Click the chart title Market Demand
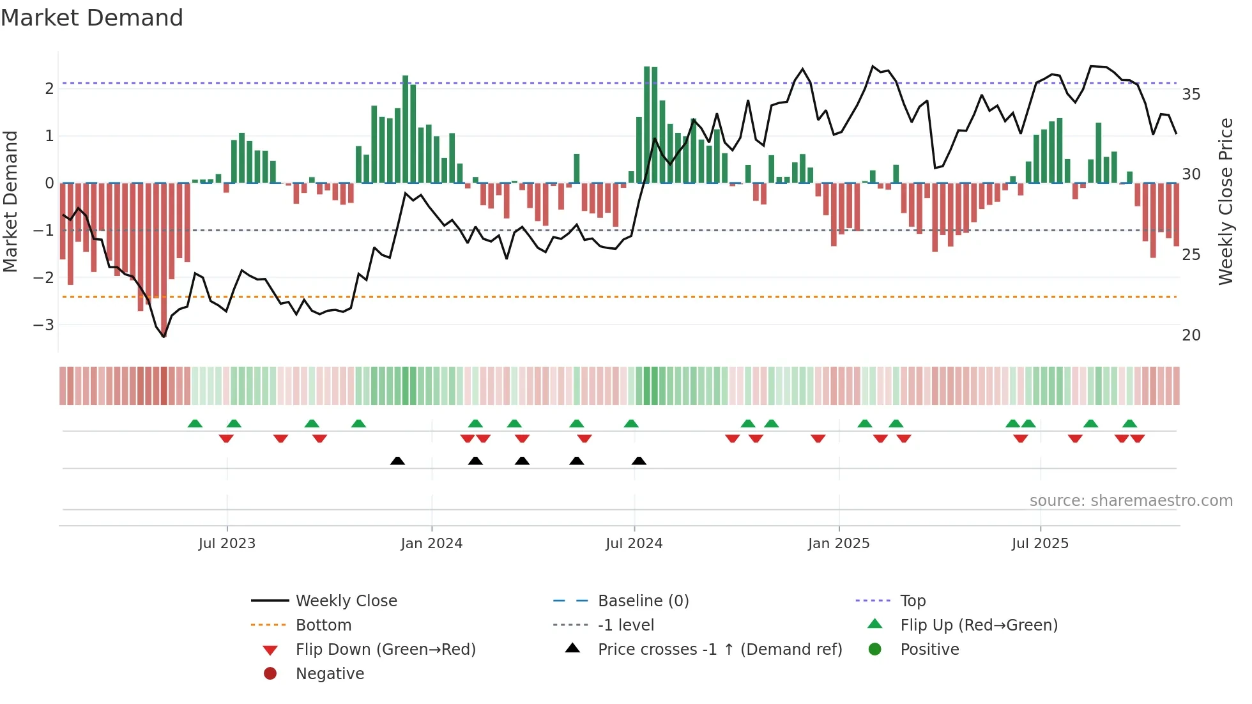coord(92,18)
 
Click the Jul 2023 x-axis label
coord(227,544)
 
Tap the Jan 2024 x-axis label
coord(431,544)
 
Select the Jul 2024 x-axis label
coord(634,544)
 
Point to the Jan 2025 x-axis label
coord(838,544)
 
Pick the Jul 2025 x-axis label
coord(1040,544)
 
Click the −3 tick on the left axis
coord(44,325)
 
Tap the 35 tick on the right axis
coord(1191,95)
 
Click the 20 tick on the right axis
coord(1191,335)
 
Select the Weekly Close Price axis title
coord(1225,201)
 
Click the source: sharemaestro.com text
coord(1131,500)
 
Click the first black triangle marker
coord(397,461)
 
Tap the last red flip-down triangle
coord(1137,438)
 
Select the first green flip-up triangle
coord(195,424)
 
